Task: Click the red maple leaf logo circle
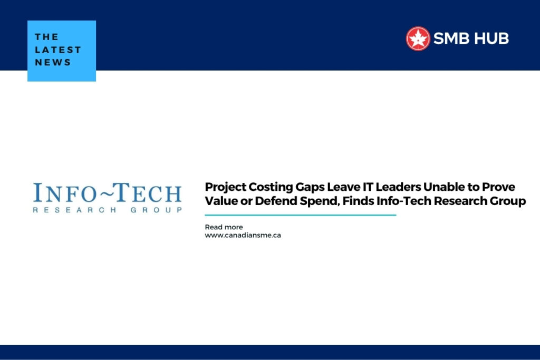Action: point(418,38)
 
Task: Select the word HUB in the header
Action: point(492,38)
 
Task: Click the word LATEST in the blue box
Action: point(58,50)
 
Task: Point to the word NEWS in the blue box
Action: point(53,62)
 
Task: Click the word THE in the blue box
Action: point(46,37)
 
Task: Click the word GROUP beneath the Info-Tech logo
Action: point(156,210)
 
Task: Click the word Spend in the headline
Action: point(297,201)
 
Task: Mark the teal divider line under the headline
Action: point(300,215)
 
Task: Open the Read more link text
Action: point(224,227)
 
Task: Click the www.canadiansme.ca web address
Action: point(243,235)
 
